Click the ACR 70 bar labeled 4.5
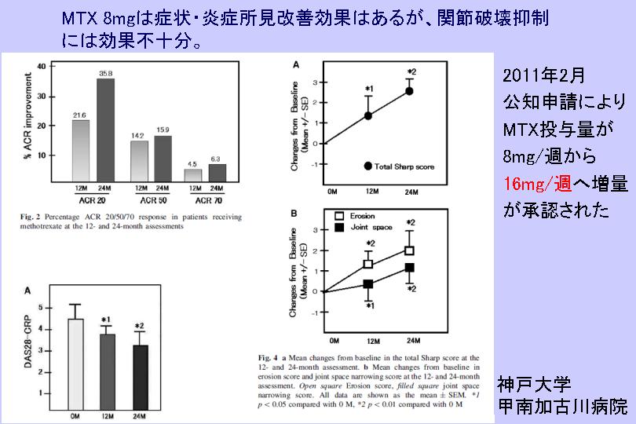pos(192,175)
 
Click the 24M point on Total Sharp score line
pos(409,91)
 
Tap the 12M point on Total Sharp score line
pos(367,115)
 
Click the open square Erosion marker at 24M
pos(409,250)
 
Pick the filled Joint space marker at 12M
pos(367,284)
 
